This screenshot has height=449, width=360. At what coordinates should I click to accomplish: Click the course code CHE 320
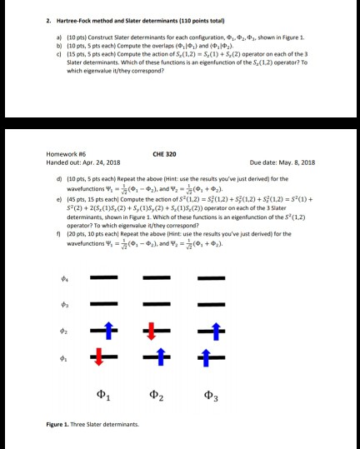[164, 153]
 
